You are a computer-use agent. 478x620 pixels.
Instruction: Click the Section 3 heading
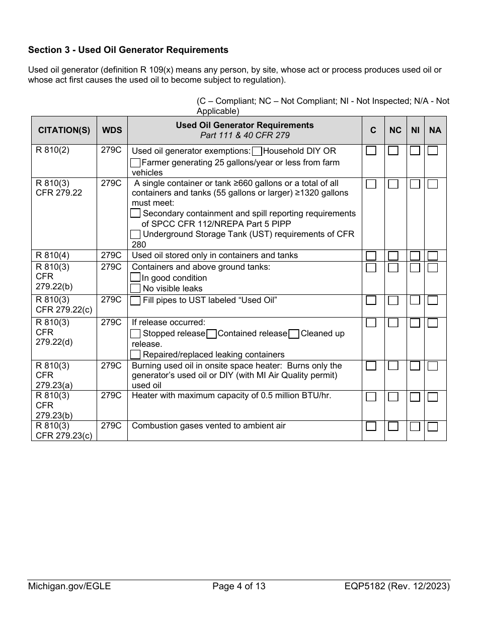[128, 50]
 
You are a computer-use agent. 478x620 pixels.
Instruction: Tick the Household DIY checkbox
[257, 151]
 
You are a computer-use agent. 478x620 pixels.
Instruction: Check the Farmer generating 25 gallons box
[135, 162]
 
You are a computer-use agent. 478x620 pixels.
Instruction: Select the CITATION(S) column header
[64, 130]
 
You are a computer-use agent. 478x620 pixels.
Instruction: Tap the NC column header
[395, 130]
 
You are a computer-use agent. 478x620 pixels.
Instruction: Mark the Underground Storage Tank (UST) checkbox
[135, 234]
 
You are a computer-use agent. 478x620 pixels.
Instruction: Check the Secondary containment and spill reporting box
[135, 214]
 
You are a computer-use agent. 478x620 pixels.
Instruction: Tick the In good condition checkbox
[135, 278]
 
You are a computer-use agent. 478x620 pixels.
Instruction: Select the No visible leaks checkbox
[135, 288]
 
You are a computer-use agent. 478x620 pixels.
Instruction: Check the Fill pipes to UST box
[135, 301]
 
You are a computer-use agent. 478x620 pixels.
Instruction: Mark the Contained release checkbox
[212, 334]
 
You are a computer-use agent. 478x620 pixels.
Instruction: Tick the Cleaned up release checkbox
[294, 334]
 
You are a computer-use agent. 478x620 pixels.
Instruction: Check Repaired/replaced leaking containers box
[135, 354]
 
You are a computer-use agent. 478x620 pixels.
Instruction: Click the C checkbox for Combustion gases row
[371, 426]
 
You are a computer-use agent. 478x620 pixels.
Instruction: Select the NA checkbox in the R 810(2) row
[433, 151]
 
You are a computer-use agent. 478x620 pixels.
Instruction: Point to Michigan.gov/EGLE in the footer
[69, 586]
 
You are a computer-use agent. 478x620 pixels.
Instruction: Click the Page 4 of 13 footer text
[239, 586]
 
